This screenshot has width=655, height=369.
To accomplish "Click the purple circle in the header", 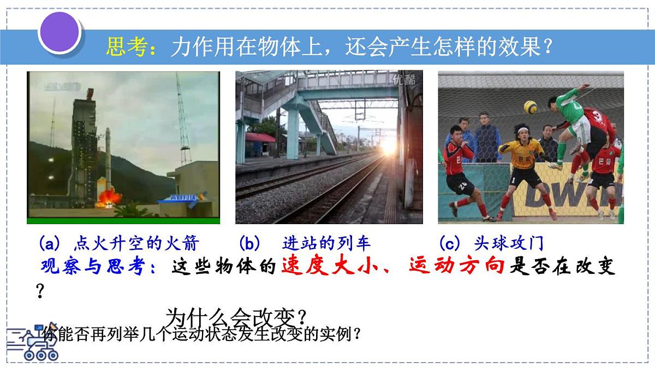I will click(59, 32).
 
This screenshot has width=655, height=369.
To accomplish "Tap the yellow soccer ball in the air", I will click(530, 106).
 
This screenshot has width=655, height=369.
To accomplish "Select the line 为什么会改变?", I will click(236, 317).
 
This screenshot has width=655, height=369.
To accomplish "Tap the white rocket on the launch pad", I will click(108, 159).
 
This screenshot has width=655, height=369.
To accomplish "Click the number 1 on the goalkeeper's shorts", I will click(514, 181).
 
